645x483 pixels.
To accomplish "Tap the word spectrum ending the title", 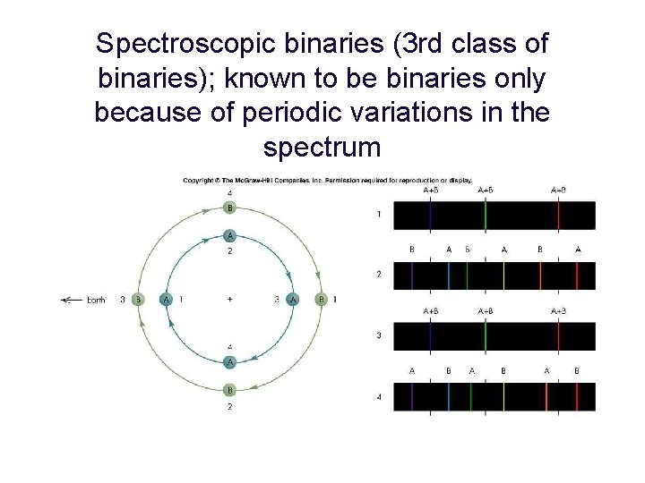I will (322, 148).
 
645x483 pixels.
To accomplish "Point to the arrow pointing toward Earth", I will (70, 301).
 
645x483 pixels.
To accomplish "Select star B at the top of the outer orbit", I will (230, 208).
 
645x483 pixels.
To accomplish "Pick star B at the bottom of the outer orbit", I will (230, 390).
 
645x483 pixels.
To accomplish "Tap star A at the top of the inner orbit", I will (230, 236).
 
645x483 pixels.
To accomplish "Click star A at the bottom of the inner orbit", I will (230, 362).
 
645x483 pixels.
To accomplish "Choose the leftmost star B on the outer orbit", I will (138, 301).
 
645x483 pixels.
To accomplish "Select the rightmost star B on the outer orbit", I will (322, 301).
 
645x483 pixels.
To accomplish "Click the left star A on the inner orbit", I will (166, 301).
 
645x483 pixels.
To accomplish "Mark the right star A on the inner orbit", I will (293, 301).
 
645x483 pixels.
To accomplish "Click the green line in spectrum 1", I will (486, 216).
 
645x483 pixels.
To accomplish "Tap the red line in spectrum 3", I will (558, 335).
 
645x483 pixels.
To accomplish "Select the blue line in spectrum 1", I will (430, 216).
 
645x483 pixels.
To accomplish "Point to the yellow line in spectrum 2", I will (503, 275).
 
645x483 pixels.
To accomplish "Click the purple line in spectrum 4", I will (411, 396).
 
